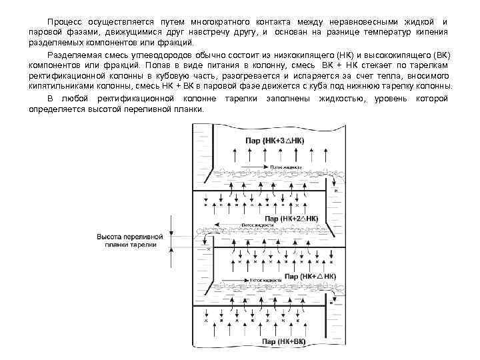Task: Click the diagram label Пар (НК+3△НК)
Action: point(275,141)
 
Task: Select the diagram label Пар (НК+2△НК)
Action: point(292,218)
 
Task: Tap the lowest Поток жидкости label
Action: point(265,281)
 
